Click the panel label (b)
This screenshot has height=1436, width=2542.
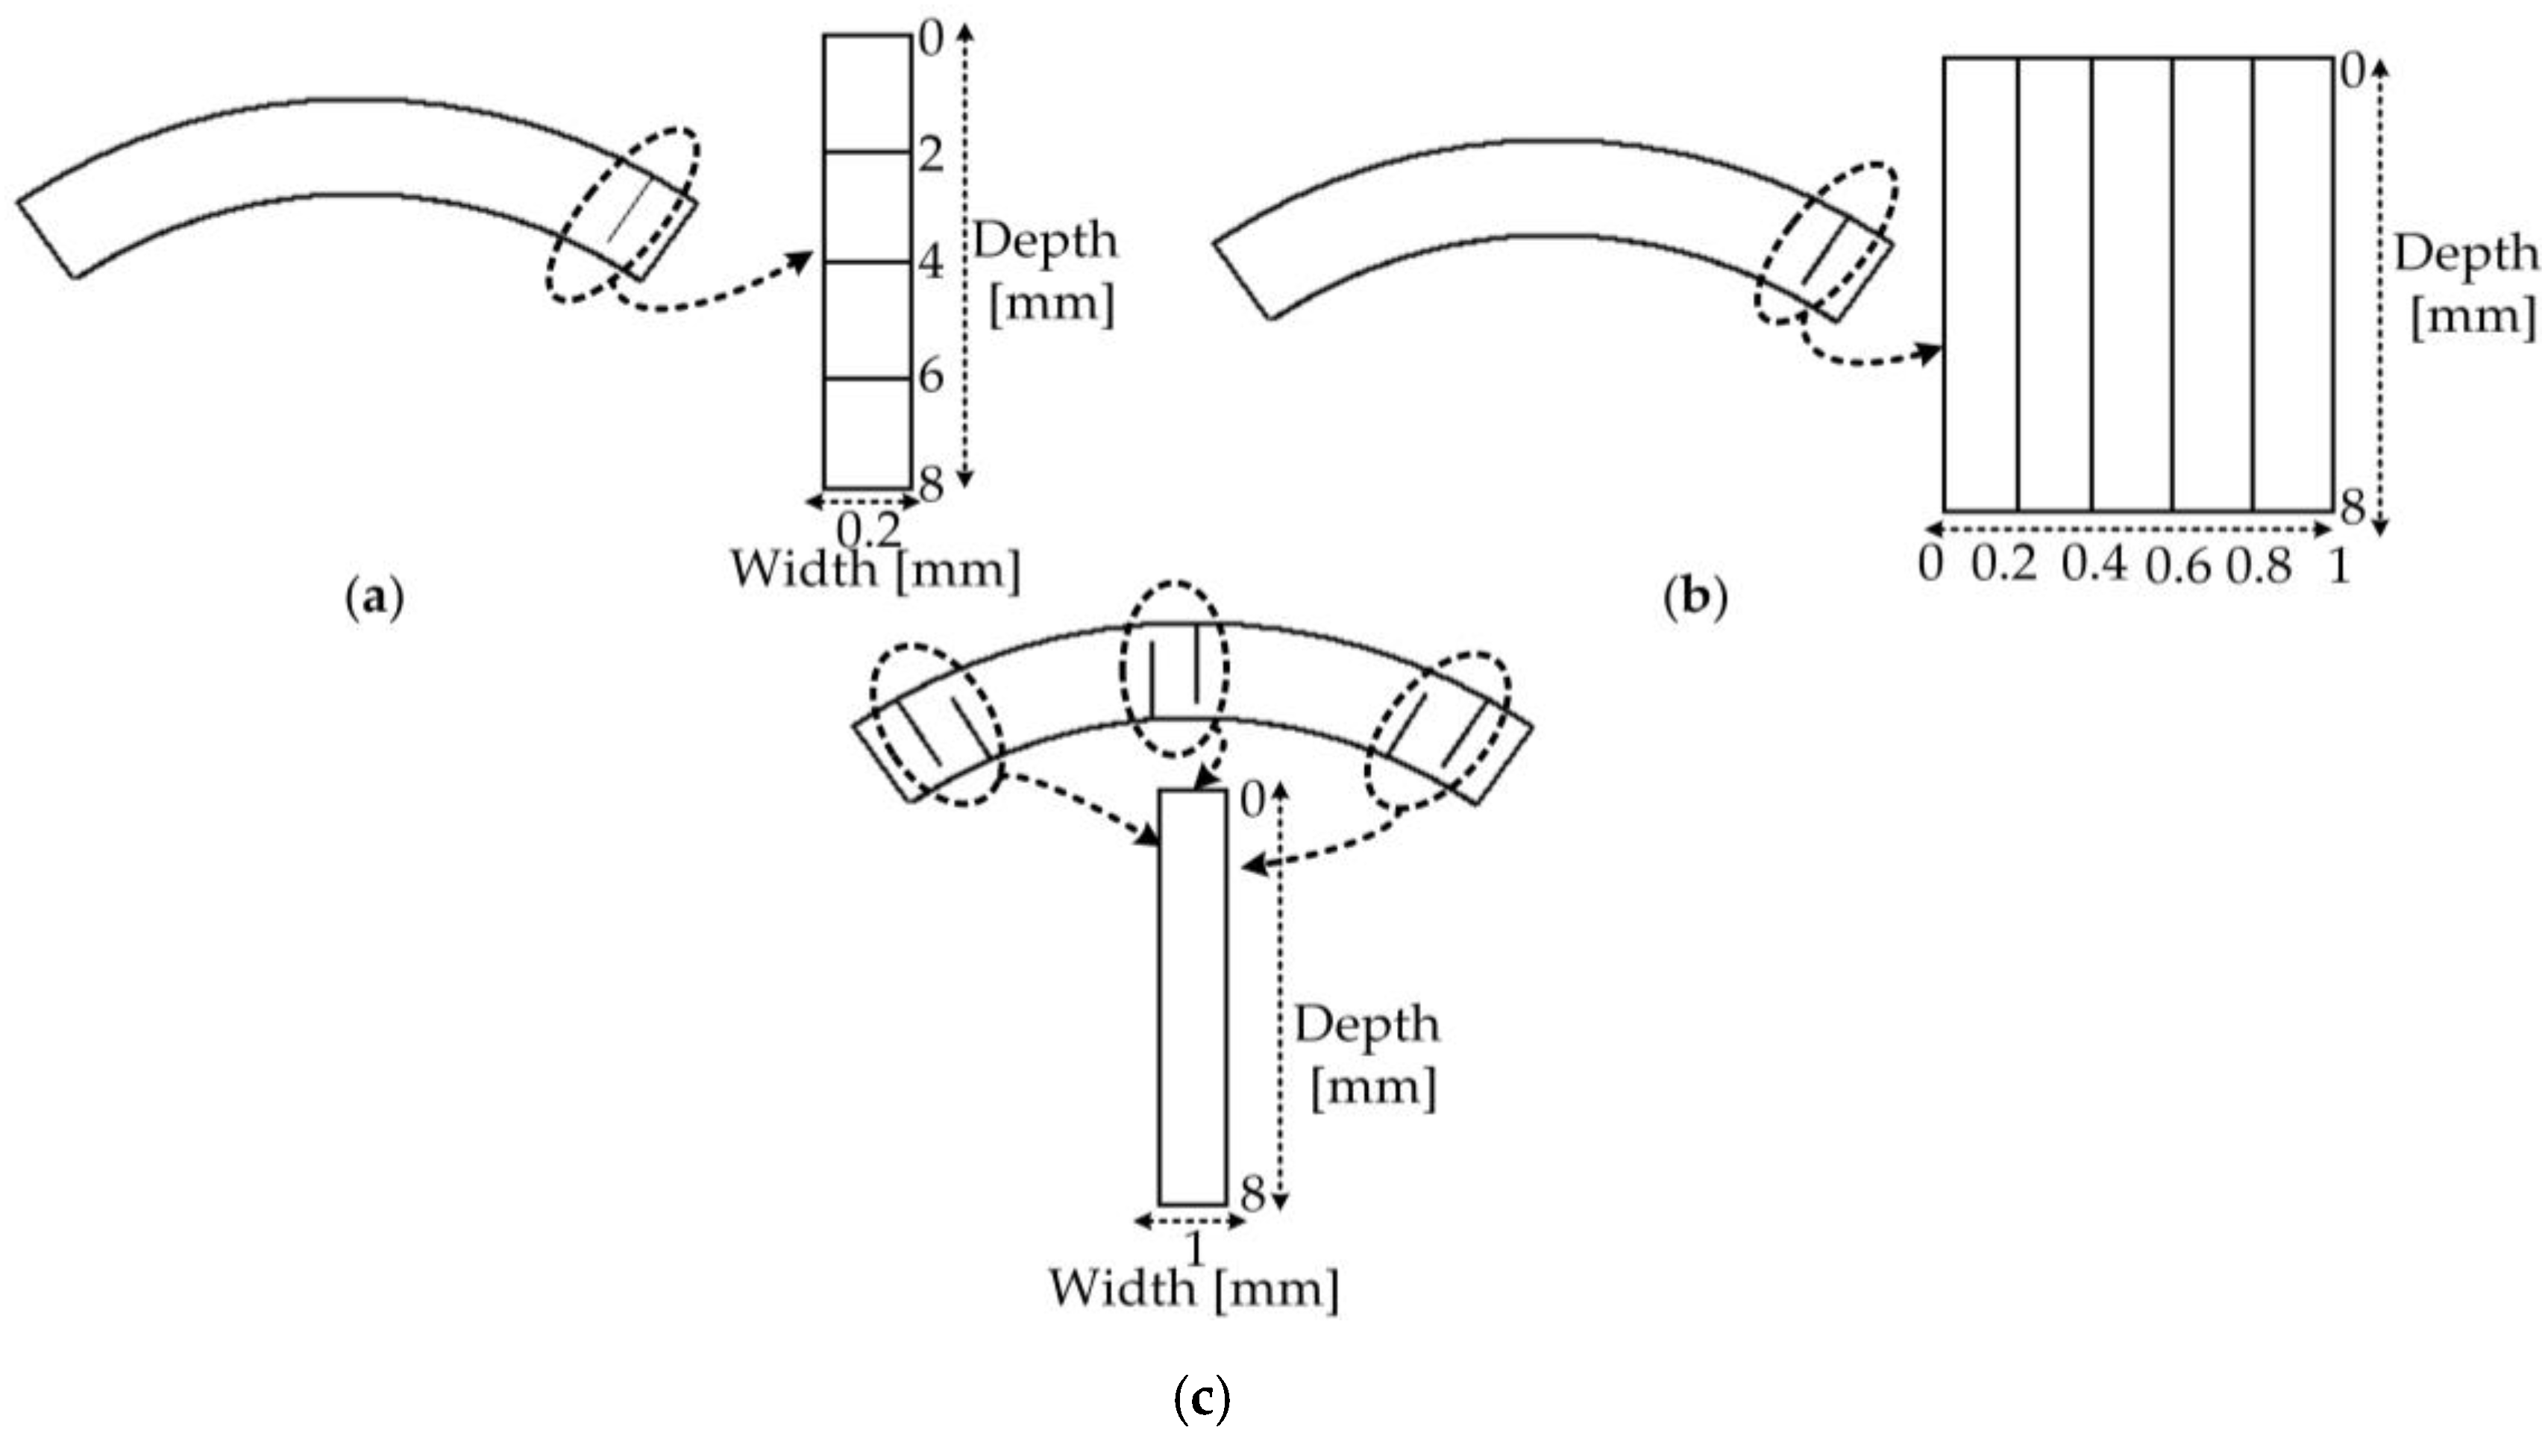click(1695, 598)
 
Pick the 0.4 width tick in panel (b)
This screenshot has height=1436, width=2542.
click(2094, 565)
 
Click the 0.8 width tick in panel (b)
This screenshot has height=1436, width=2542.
click(2258, 568)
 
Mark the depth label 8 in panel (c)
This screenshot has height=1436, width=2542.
click(1252, 1197)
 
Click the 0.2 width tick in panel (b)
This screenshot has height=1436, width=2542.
click(2004, 565)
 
